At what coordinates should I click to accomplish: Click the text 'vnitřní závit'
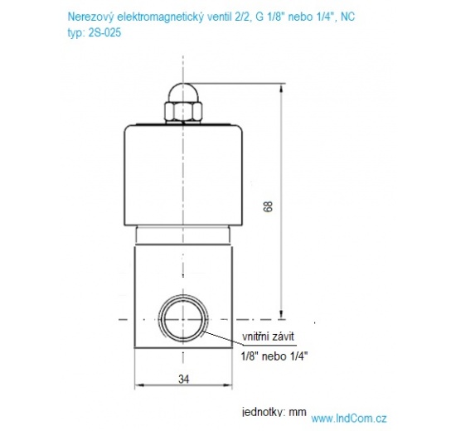[267, 336]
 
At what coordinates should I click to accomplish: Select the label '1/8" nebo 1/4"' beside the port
[274, 356]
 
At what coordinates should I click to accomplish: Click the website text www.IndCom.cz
[349, 419]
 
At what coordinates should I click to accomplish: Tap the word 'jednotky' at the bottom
[262, 412]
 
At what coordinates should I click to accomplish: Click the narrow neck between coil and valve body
[181, 237]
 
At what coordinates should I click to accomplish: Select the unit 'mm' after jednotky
[298, 412]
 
